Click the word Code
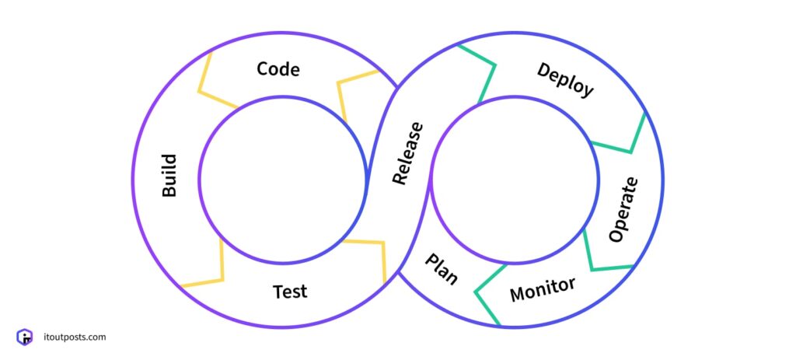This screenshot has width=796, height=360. click(278, 69)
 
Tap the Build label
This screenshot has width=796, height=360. click(169, 175)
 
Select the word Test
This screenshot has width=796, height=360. click(290, 292)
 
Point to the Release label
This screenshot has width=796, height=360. click(408, 153)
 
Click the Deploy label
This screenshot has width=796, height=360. click(565, 80)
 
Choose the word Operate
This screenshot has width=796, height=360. click(623, 209)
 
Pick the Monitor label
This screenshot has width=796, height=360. click(543, 289)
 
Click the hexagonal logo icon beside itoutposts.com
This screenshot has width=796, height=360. click(25, 337)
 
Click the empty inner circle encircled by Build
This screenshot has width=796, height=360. click(282, 180)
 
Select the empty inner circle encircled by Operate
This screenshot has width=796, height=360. click(515, 180)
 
